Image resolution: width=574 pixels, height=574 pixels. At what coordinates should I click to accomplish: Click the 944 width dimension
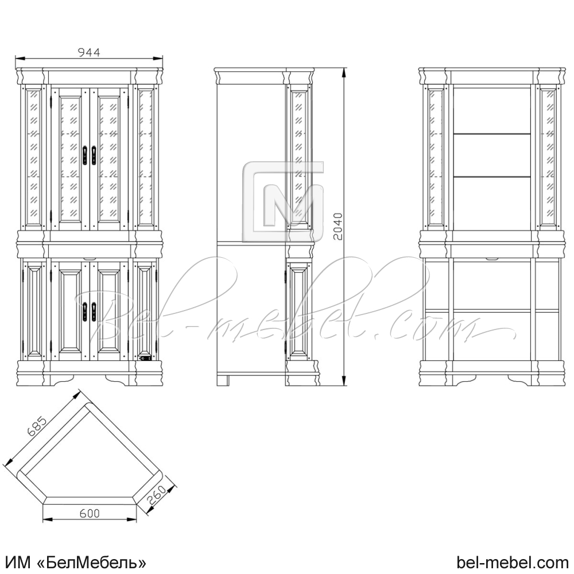[89, 52]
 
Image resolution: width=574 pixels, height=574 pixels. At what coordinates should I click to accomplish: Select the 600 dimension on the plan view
[90, 513]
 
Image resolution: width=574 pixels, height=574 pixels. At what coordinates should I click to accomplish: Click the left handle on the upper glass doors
[85, 155]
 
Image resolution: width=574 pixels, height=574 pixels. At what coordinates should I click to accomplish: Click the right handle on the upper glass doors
[94, 155]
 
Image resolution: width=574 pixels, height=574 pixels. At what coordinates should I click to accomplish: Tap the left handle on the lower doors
[85, 312]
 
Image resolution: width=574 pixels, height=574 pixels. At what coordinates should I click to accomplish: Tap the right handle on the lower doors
[94, 312]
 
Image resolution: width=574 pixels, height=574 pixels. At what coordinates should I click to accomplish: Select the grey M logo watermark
[283, 201]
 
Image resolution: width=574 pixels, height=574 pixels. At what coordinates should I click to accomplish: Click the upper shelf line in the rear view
[492, 134]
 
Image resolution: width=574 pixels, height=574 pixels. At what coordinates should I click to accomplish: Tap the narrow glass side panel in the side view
[298, 158]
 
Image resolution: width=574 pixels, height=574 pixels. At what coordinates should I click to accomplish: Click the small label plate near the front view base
[145, 358]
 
